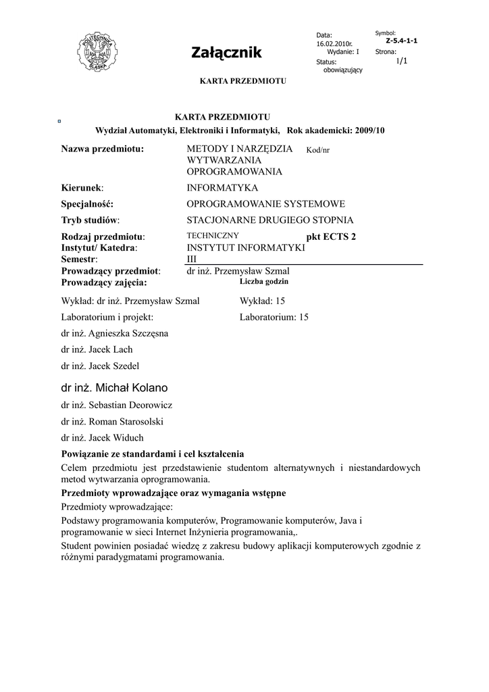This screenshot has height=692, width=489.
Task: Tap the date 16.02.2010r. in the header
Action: pos(334,43)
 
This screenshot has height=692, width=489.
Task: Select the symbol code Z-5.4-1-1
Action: pos(401,41)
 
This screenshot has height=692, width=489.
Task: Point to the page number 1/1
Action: pos(401,61)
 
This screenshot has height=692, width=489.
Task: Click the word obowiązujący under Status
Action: pos(343,70)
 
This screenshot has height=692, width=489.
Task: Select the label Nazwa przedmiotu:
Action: pos(103,149)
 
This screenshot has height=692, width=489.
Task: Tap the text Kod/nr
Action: pos(317,150)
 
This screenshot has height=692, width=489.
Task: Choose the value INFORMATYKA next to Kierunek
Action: pos(222,188)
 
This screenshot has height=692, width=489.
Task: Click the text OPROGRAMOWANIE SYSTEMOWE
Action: pos(265,204)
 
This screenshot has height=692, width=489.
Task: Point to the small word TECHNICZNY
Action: pos(212,235)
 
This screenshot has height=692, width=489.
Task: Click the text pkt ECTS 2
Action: pos(330,237)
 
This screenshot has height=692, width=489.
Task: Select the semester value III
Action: pos(192,259)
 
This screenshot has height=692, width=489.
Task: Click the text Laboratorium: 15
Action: pos(274,317)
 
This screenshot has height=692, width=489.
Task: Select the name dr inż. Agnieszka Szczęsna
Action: pos(115,333)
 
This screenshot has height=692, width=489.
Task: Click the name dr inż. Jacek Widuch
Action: pos(102,438)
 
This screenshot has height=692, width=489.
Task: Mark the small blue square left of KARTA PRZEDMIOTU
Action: pos(60,121)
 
